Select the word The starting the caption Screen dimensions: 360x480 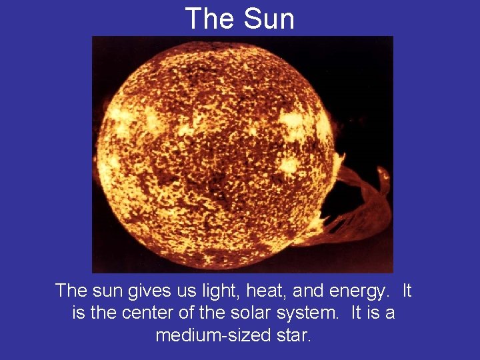71,291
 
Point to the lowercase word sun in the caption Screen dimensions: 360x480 107,291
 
